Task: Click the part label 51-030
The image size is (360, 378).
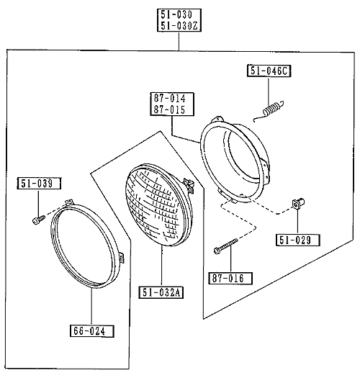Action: click(176, 14)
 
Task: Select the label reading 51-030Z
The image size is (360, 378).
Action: click(179, 25)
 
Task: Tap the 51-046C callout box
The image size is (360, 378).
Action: click(269, 71)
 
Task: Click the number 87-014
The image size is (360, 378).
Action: click(170, 99)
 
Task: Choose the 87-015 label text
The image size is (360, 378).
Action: click(169, 109)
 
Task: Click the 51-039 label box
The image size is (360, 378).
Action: click(39, 184)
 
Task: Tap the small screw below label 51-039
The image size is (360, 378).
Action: click(38, 220)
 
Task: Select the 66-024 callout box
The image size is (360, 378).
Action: click(92, 331)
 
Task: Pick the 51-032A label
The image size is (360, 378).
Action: click(161, 292)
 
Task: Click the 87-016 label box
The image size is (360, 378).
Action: click(230, 279)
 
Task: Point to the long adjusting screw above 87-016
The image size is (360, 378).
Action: click(225, 246)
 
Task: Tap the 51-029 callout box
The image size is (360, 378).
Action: click(298, 240)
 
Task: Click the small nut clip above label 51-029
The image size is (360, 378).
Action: click(298, 203)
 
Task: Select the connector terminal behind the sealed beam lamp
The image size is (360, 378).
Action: click(189, 185)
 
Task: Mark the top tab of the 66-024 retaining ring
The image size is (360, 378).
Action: click(68, 202)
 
